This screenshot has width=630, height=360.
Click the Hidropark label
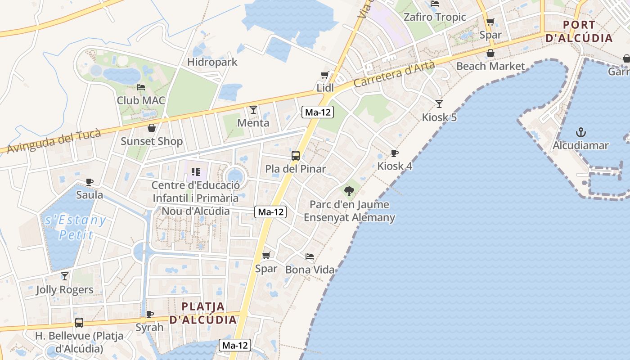pos(212,62)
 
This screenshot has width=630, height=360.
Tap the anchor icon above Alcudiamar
pos(581,132)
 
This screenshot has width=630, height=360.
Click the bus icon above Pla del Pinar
pos(296,156)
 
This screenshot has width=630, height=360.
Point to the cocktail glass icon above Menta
pos(253,109)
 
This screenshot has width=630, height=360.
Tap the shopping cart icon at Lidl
pos(325,75)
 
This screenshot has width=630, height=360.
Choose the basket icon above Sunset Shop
pos(152,128)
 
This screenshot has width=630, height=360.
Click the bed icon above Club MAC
pos(141,87)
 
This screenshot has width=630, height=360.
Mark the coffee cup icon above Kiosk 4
pos(395,153)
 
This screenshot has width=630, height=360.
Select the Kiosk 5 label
pos(439,117)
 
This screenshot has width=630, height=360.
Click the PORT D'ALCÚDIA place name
pos(579,31)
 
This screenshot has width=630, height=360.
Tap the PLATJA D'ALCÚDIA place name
pos(203,313)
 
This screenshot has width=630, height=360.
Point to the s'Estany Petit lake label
pos(76,227)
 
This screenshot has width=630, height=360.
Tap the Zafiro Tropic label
pos(434,17)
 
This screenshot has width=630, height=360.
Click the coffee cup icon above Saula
pos(90,182)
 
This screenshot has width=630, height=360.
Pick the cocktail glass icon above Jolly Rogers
pos(65,276)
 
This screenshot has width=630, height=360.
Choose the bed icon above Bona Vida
pos(310,256)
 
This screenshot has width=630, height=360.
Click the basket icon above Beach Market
pos(490,53)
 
